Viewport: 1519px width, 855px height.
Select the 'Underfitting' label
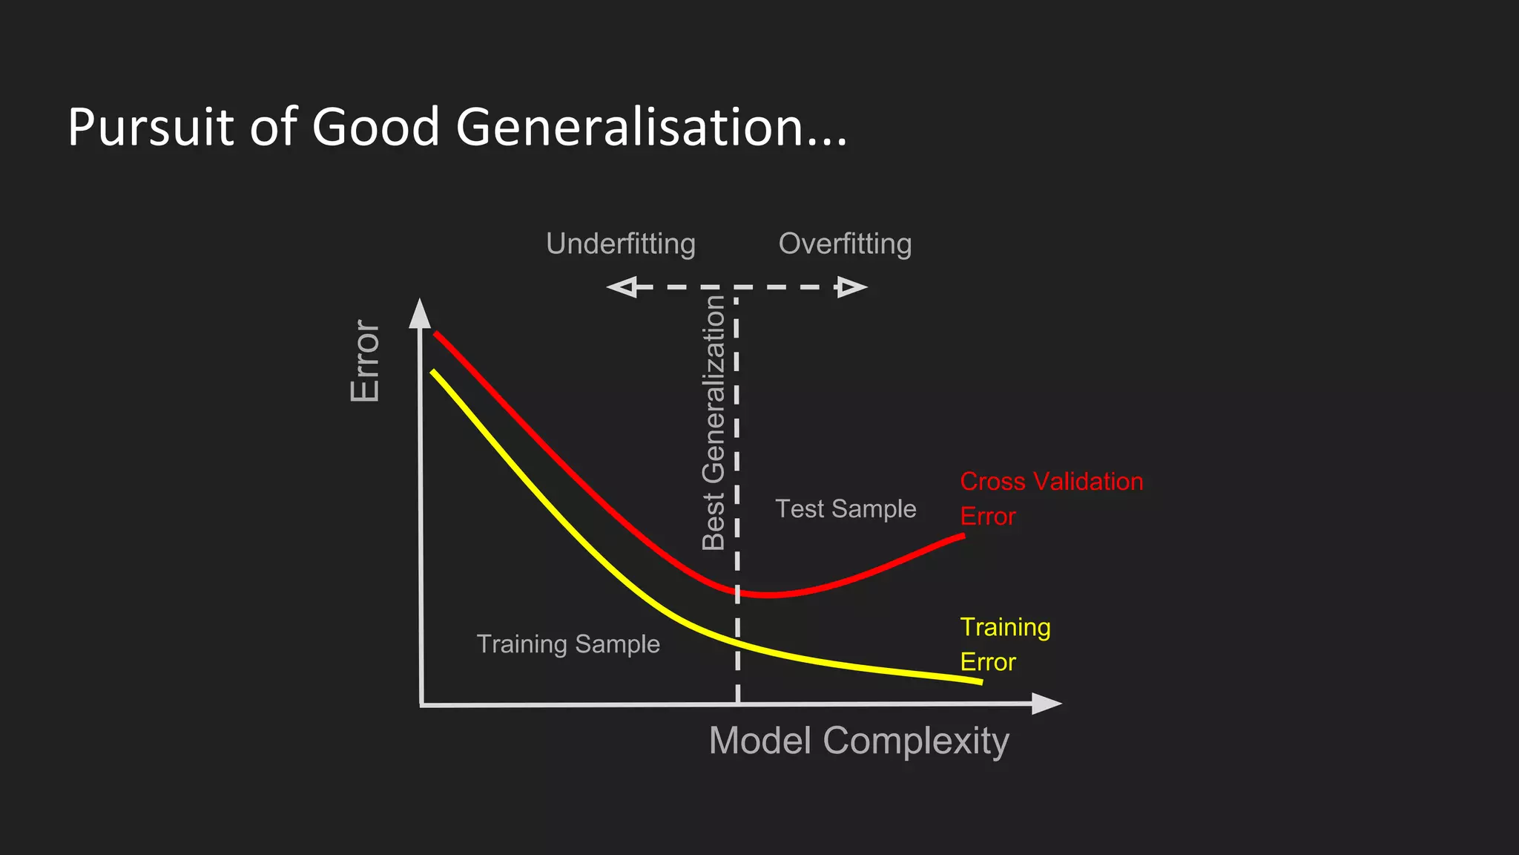click(x=621, y=244)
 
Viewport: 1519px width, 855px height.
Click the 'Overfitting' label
click(x=845, y=244)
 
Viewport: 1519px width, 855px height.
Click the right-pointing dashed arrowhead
click(x=851, y=287)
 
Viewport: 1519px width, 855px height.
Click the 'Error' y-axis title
click(x=365, y=361)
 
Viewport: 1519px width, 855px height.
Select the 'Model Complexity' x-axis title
click(x=859, y=741)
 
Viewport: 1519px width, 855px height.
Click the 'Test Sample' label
click(x=846, y=509)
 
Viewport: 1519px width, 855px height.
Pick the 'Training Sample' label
click(x=568, y=644)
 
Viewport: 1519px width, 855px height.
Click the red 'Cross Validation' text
click(x=1051, y=482)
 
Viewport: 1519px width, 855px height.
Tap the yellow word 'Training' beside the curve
click(x=1005, y=627)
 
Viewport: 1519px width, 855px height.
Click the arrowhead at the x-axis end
click(x=1046, y=704)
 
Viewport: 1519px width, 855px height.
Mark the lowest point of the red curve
click(x=770, y=595)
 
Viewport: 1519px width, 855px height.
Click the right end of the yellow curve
click(x=981, y=681)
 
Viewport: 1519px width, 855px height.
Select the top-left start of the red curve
click(x=435, y=333)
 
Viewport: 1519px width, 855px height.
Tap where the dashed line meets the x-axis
click(x=737, y=704)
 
